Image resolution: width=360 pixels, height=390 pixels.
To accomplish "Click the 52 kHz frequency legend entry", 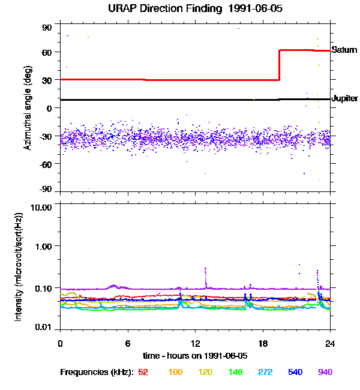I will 143,372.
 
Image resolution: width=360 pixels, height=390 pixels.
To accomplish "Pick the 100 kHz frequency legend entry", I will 175,372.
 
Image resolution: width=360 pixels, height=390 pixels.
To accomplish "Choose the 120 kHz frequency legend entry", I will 206,372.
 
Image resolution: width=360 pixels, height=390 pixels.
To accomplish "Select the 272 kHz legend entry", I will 265,372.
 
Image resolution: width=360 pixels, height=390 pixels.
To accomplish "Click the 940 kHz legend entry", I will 325,372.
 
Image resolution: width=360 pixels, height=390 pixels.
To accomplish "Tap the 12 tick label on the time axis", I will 195,343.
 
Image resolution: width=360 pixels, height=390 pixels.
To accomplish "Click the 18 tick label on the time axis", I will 262,343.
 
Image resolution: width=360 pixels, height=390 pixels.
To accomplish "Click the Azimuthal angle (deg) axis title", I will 27,107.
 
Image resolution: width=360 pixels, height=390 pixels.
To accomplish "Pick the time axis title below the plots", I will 196,355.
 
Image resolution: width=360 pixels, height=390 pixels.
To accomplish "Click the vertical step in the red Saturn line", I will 279,65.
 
